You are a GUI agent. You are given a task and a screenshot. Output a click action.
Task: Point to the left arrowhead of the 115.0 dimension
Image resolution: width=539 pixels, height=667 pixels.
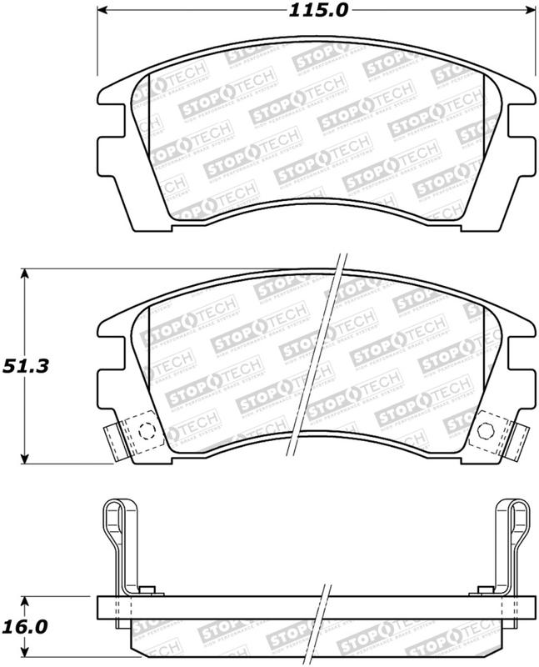[x=105, y=11]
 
